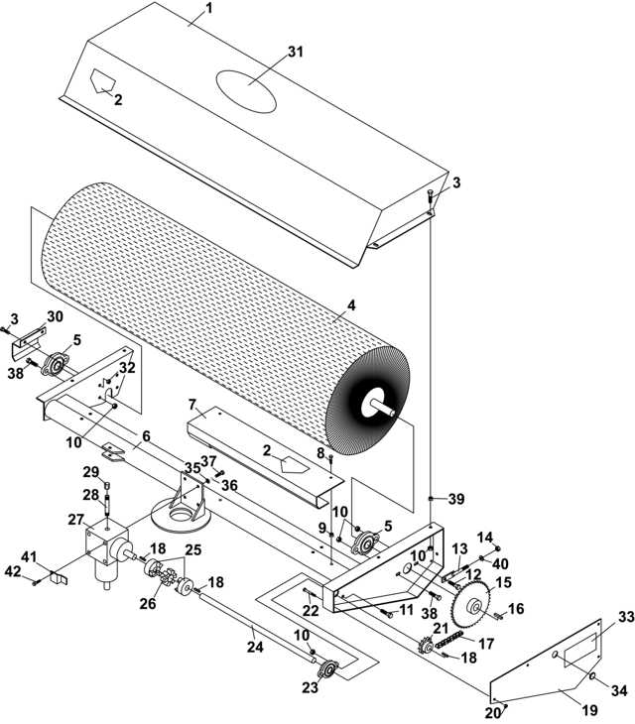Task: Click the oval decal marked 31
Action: [x=247, y=91]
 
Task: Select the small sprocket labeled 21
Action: [x=426, y=647]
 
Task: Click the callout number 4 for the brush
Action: [x=351, y=305]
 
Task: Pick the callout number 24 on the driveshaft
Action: [x=255, y=647]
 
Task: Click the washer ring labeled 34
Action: [x=592, y=676]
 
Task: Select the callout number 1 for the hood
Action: [x=208, y=8]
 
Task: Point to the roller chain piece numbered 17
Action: [x=447, y=643]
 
